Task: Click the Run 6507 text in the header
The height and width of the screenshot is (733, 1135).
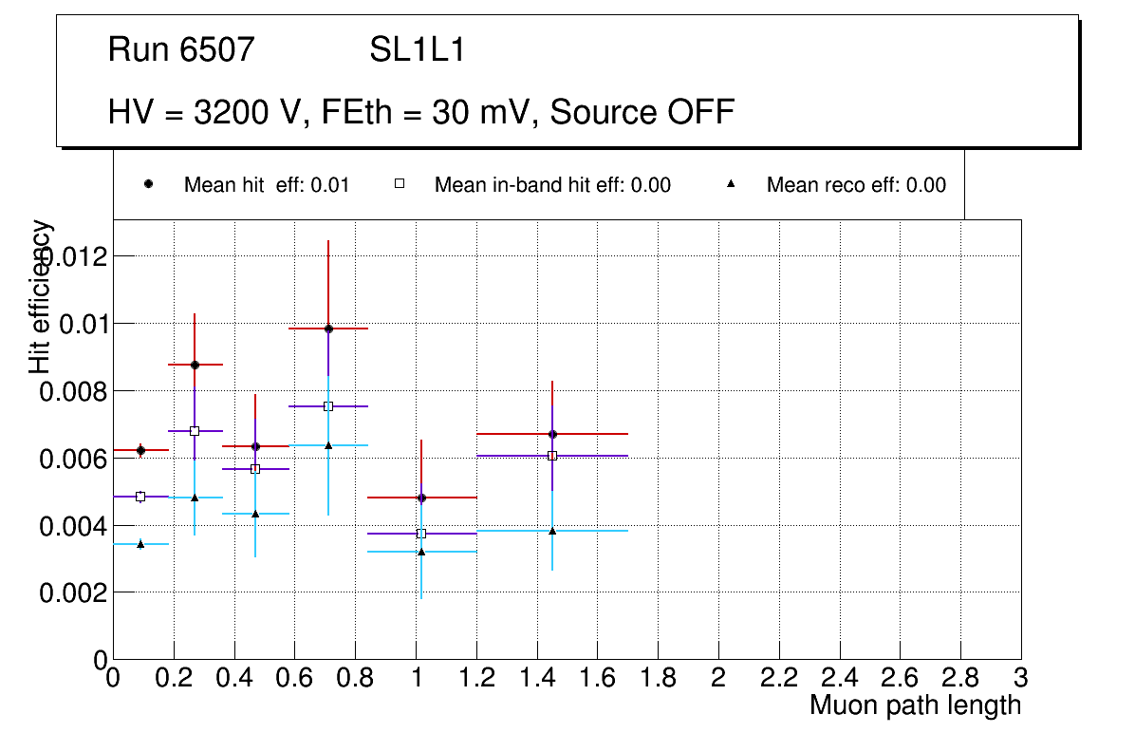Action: click(181, 50)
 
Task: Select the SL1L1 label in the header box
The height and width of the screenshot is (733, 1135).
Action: click(418, 50)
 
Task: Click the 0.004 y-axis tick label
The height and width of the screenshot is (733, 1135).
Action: click(73, 526)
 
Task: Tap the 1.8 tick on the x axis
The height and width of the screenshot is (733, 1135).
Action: click(659, 679)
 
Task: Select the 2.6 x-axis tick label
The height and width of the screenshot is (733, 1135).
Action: click(901, 679)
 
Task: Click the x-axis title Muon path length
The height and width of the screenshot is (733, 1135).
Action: click(915, 705)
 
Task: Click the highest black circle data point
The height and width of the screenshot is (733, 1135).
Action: click(328, 329)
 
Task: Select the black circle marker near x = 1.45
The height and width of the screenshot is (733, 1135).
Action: click(552, 434)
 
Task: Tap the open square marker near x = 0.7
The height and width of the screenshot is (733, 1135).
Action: click(328, 406)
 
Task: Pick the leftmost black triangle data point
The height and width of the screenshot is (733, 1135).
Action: click(140, 544)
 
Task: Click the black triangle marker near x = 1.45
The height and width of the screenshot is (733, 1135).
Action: click(552, 531)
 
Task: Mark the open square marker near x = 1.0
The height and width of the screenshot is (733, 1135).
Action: click(421, 534)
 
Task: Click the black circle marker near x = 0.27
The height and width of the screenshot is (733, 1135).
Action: click(195, 365)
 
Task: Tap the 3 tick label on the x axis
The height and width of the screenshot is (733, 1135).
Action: click(1020, 679)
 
